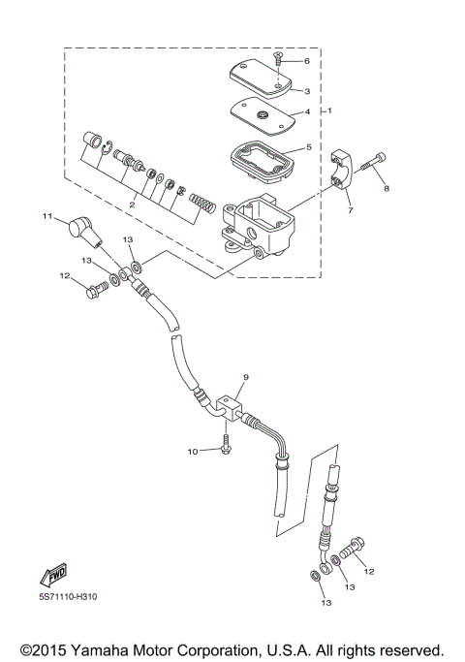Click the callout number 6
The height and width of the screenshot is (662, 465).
[x=307, y=60]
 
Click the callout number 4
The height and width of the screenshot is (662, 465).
[x=307, y=112]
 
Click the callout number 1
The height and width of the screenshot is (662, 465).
[x=330, y=111]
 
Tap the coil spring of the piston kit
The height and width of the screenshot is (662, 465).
[x=201, y=203]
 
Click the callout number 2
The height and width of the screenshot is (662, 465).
[x=133, y=205]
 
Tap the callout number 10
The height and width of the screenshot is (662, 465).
[x=192, y=451]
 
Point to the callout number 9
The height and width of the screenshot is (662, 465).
[x=246, y=376]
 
